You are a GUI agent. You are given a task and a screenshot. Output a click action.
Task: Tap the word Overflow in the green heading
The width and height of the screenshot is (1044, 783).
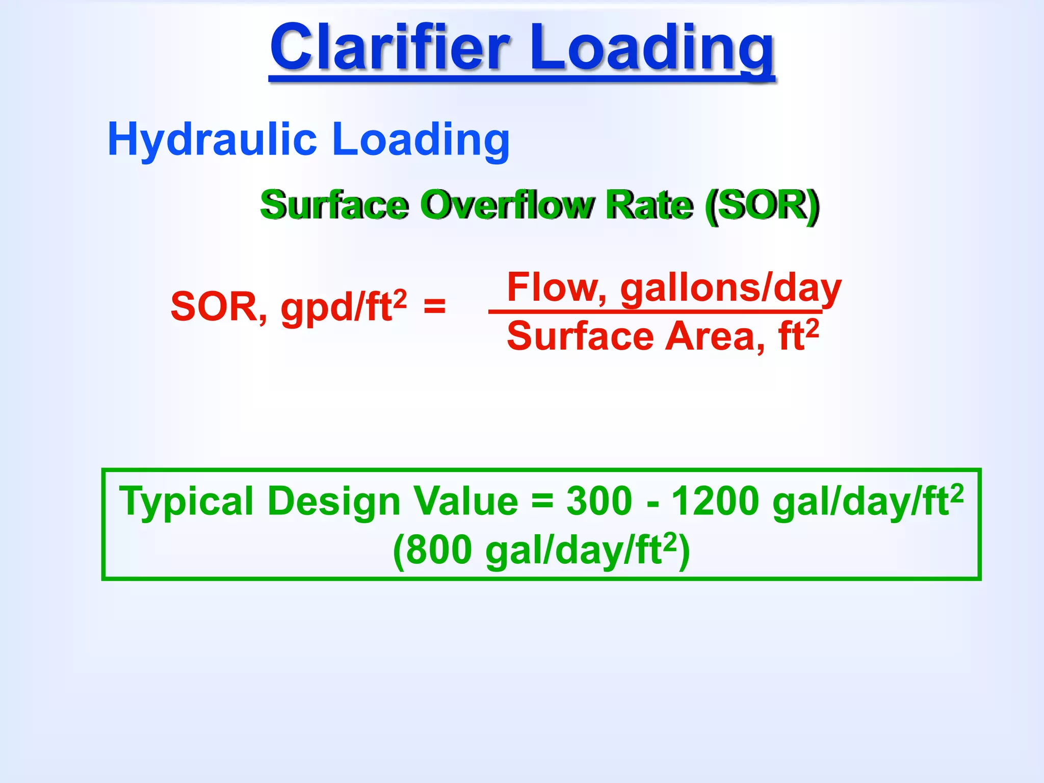coord(508,205)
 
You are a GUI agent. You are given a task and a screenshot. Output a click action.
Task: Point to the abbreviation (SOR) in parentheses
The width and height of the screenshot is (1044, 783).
coord(763,205)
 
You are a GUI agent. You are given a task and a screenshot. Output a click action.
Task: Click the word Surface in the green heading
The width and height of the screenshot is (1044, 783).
coord(334,205)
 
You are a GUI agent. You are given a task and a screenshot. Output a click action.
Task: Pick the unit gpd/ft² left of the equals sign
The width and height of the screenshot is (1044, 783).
coord(344,307)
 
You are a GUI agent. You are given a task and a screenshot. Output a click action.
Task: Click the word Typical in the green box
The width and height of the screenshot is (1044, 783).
coord(186,502)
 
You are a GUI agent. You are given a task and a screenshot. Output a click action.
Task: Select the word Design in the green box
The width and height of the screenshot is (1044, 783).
coord(334,502)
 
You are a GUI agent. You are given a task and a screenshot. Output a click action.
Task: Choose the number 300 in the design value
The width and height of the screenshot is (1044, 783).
coord(599,501)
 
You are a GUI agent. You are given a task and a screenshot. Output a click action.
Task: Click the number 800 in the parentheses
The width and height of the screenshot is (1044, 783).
coord(439,551)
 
